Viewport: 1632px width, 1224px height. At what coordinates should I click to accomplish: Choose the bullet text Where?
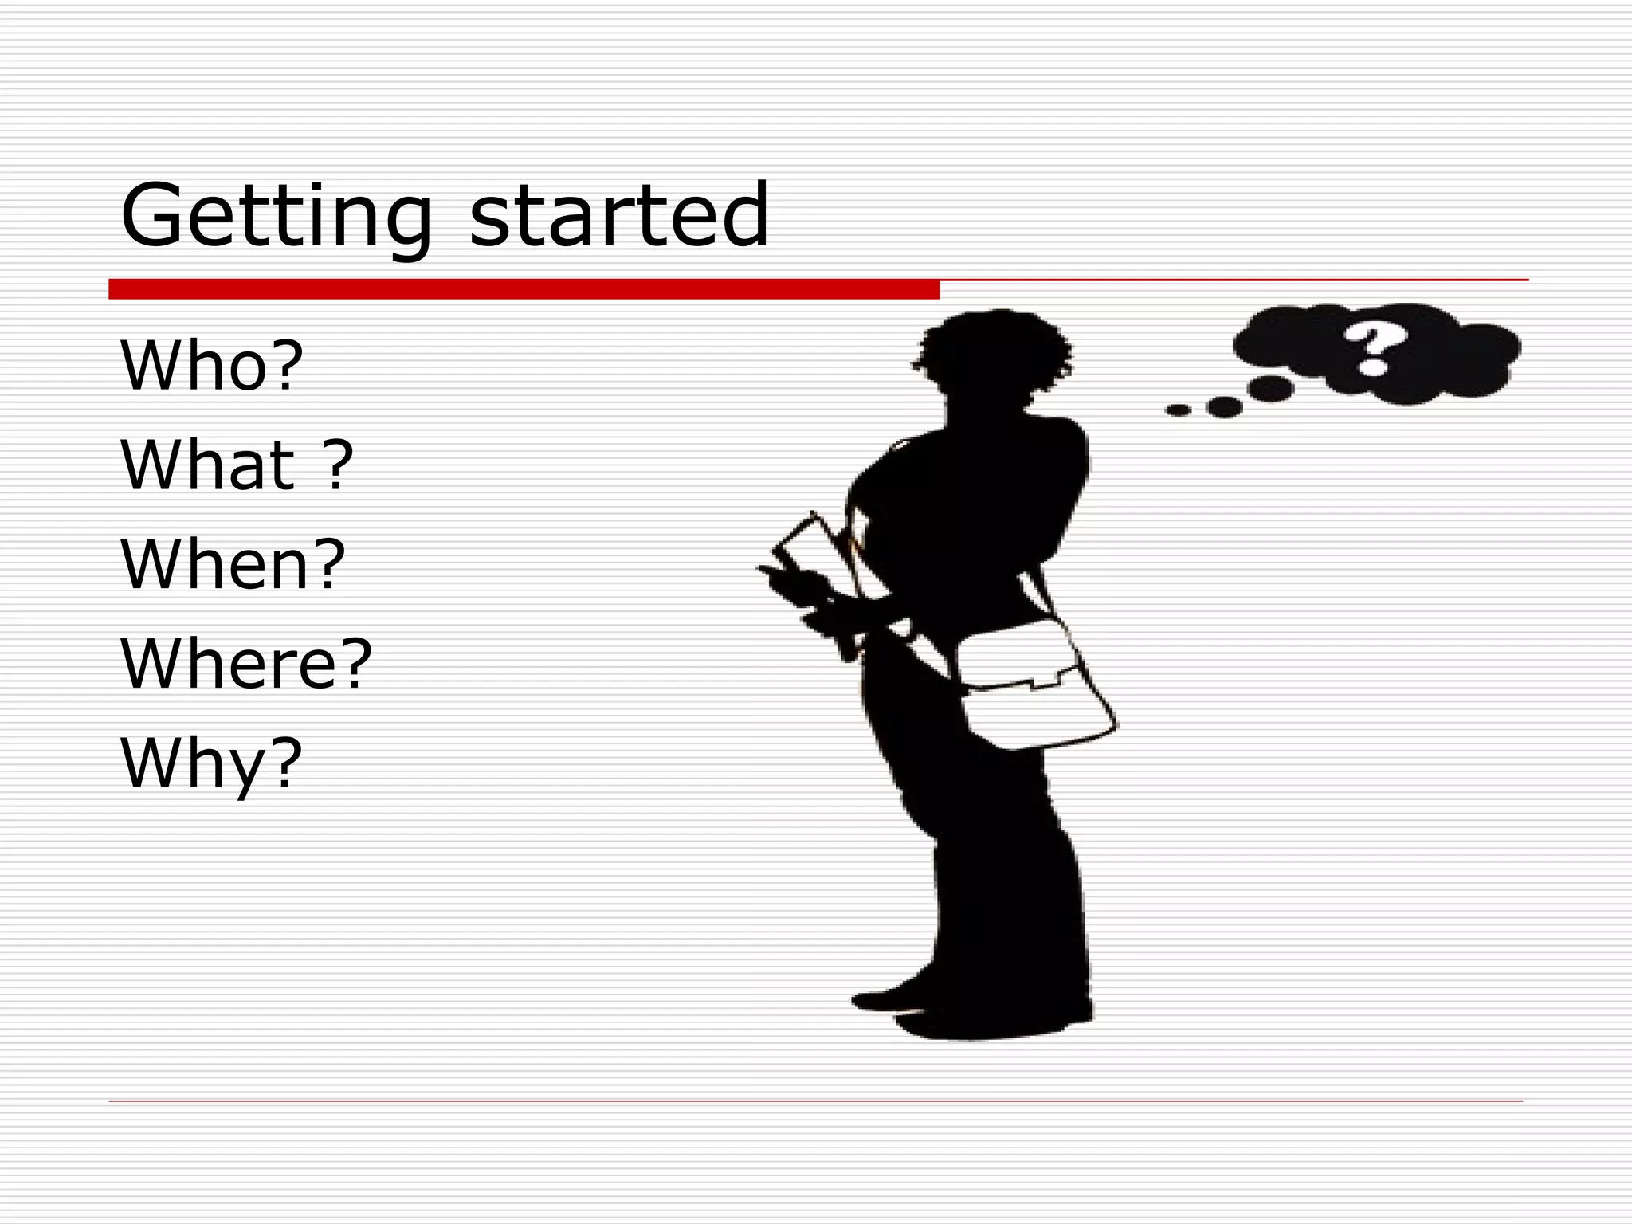tap(245, 663)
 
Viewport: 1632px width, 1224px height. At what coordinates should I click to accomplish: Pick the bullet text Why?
tap(211, 763)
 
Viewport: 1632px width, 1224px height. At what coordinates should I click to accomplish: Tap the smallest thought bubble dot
tap(1178, 410)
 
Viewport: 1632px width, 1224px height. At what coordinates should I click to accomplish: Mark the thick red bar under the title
tap(524, 289)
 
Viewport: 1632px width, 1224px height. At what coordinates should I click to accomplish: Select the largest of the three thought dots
tap(1271, 388)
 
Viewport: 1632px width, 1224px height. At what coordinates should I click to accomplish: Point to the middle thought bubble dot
tap(1225, 407)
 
